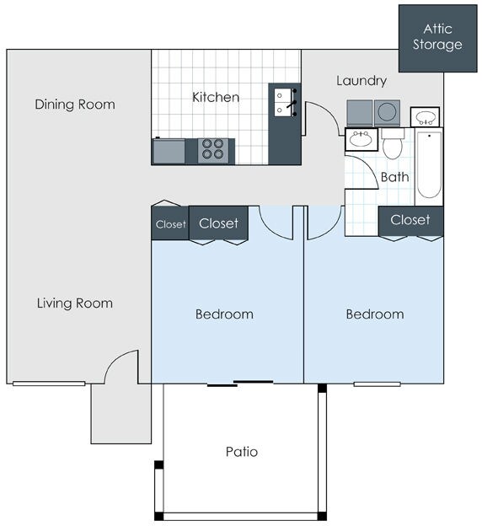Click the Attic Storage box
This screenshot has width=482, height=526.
(x=437, y=38)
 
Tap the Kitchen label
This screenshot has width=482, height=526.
(x=216, y=97)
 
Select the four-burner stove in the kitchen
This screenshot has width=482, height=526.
(x=213, y=150)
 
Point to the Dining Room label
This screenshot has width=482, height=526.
(x=75, y=105)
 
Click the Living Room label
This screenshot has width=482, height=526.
(x=75, y=303)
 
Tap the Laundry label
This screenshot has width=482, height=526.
(x=361, y=81)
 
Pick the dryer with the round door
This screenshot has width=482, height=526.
(x=387, y=113)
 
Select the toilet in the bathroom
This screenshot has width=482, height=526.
(x=393, y=143)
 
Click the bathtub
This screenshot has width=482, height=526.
(x=429, y=167)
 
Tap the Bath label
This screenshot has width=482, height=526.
(x=395, y=177)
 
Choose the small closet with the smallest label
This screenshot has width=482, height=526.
(x=170, y=223)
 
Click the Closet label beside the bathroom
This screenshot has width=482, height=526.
(x=410, y=220)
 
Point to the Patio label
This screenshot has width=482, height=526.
(x=242, y=452)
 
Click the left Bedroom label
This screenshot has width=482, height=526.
(x=224, y=314)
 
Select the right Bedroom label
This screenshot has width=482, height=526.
(x=375, y=314)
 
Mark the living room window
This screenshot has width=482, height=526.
(x=49, y=384)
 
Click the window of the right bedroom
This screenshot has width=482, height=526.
(x=378, y=384)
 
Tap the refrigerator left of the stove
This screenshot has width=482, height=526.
(x=169, y=151)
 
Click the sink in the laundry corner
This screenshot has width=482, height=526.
(x=425, y=116)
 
